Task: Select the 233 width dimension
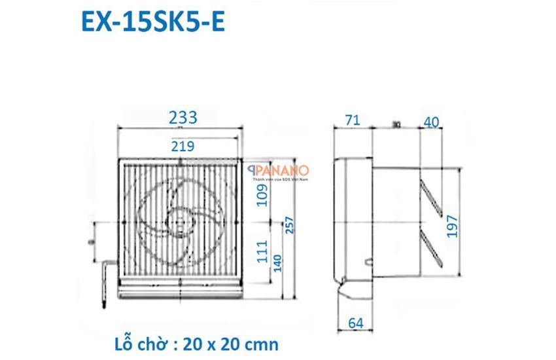point(183,118)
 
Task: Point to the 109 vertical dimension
point(262,194)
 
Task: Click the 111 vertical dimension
point(262,252)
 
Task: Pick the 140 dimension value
point(280,262)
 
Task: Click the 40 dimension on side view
point(430,122)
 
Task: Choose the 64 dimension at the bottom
point(354,323)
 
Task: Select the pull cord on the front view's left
point(105,281)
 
